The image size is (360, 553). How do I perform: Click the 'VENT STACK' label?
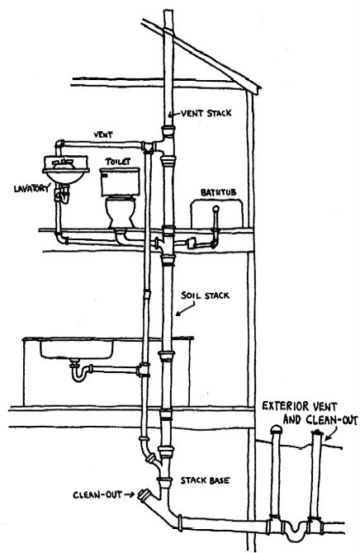tap(206, 114)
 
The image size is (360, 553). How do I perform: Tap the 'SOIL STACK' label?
tap(205, 295)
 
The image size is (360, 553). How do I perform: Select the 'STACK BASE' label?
tap(205, 480)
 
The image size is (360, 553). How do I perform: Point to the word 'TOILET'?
tap(118, 162)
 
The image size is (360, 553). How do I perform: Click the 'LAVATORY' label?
tap(31, 188)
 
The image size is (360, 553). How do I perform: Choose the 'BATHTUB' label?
tap(219, 192)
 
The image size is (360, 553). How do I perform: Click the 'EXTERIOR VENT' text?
tap(299, 407)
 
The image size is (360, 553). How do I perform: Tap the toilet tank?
tap(120, 182)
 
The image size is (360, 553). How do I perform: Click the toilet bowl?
tap(121, 212)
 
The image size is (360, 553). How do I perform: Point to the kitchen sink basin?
tap(77, 349)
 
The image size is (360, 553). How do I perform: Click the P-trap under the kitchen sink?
tap(79, 373)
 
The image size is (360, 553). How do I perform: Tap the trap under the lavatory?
tap(63, 195)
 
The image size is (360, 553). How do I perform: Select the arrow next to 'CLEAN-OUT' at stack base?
tap(129, 494)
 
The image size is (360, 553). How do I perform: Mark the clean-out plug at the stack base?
tap(144, 494)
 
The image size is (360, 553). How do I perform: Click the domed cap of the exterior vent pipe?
tap(276, 429)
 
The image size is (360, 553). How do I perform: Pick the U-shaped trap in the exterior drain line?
tap(296, 531)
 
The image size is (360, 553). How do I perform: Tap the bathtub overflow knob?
tap(216, 209)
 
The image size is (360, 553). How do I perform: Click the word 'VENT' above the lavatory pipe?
tap(103, 135)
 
